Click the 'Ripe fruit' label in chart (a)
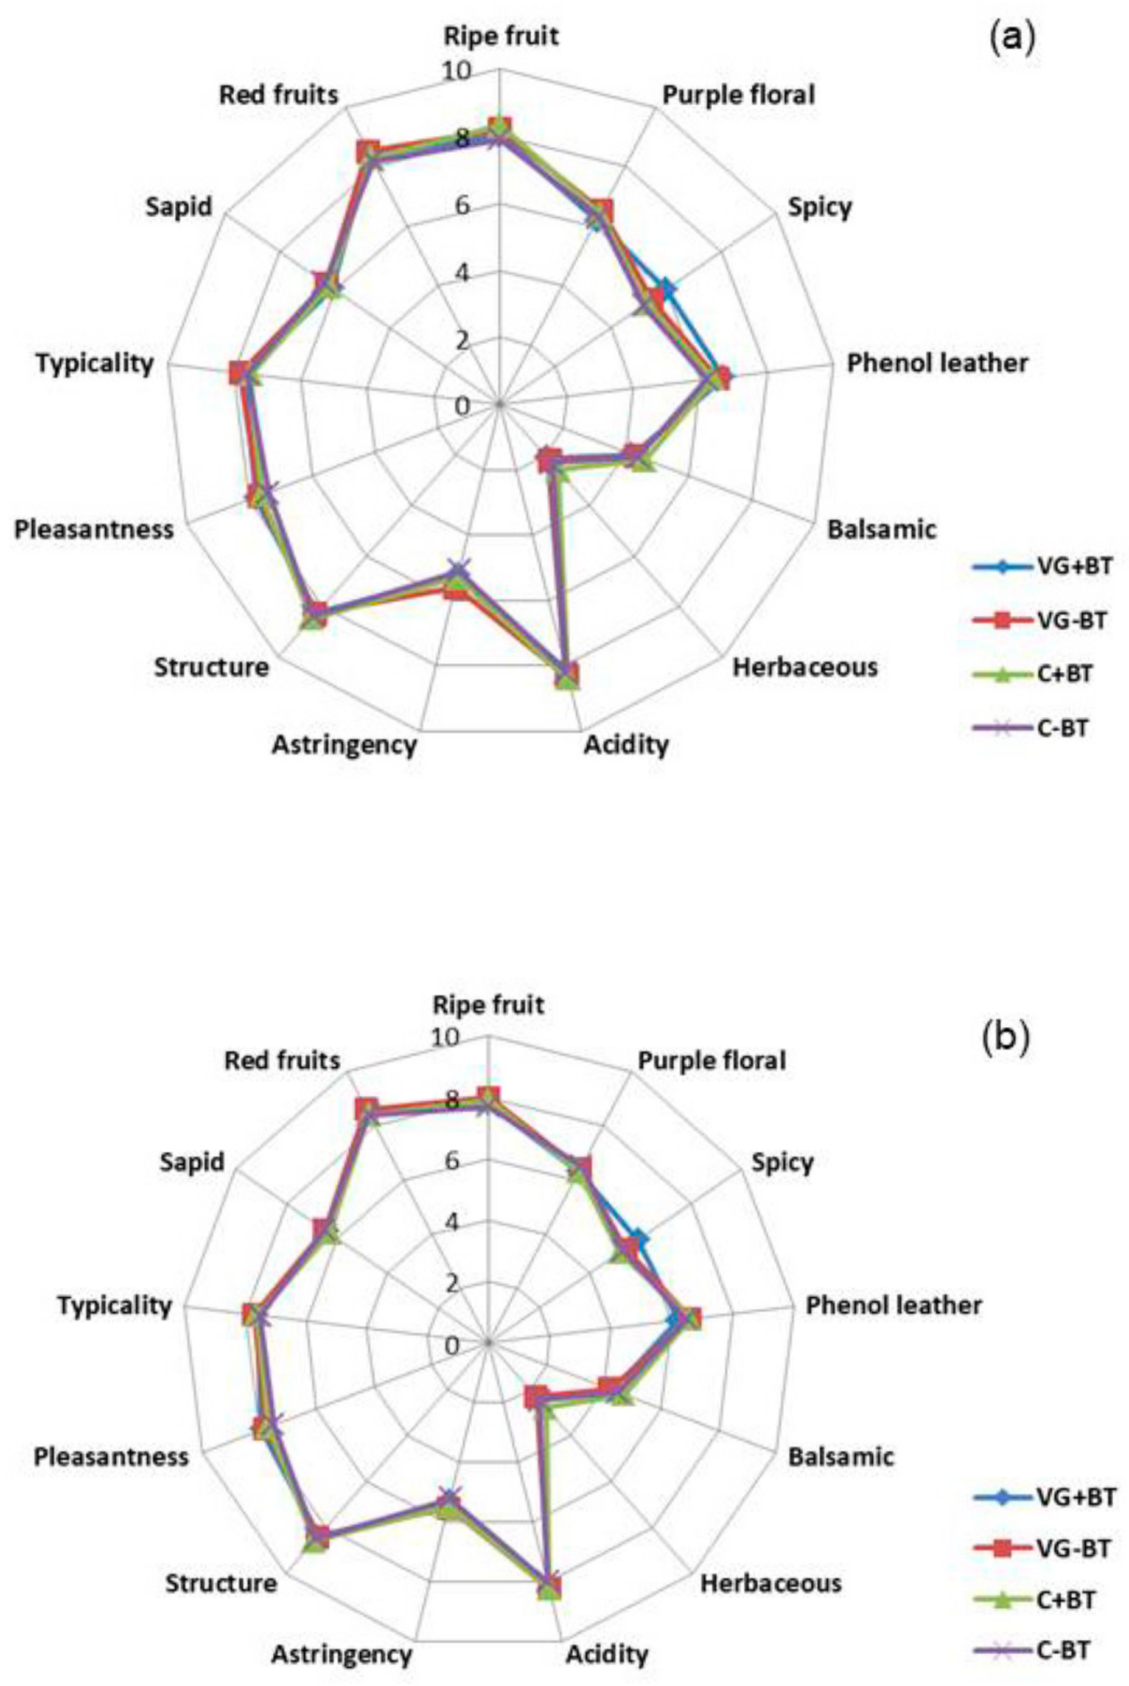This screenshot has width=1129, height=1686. (x=501, y=36)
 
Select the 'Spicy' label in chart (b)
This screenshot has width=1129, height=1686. (x=782, y=1162)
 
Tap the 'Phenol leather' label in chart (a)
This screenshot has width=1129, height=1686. (x=937, y=363)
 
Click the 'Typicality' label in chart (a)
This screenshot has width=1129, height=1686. (x=95, y=363)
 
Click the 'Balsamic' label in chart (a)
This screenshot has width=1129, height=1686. (x=882, y=529)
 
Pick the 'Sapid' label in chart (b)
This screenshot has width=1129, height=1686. (x=192, y=1162)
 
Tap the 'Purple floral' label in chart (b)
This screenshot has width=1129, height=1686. (x=711, y=1061)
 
